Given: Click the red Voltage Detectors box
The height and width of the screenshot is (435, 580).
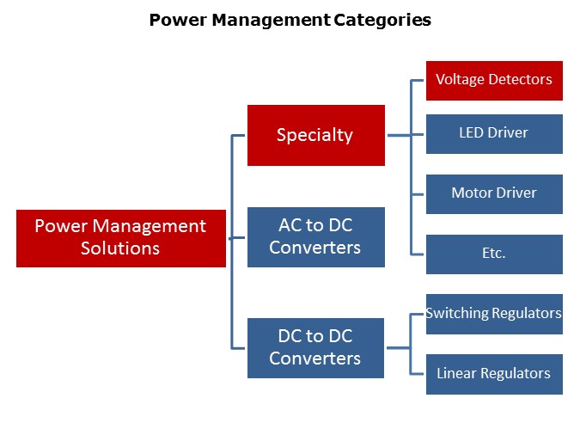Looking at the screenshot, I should pos(494,80).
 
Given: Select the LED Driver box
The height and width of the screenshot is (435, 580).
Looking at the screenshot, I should pos(494,133).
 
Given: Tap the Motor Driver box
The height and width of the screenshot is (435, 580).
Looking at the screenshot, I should pos(494,193).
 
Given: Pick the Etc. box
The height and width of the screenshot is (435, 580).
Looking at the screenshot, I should pos(494,254).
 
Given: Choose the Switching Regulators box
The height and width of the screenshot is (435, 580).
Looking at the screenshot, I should pos(494,314).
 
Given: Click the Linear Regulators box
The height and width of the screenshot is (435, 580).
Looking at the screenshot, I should pos(494,374).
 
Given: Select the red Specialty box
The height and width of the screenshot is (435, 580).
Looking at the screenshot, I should pos(315,135).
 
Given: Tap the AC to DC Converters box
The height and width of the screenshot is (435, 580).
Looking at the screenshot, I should pos(315,236).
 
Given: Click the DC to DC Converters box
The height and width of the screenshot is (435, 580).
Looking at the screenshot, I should pos(315,347).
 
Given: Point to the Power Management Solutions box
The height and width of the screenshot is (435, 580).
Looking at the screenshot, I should pos(120,237).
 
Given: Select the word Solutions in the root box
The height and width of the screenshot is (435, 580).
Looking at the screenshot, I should pos(120,248).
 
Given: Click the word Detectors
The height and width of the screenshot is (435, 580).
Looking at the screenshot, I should pos(520,79).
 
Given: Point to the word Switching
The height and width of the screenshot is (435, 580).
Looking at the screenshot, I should pos(458,313).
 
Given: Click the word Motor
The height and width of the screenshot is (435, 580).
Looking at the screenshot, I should pos(473,193).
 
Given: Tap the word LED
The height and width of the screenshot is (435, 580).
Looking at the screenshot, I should pos(473,132).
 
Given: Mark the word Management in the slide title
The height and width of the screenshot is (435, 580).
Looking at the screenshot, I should pos(265,20).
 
